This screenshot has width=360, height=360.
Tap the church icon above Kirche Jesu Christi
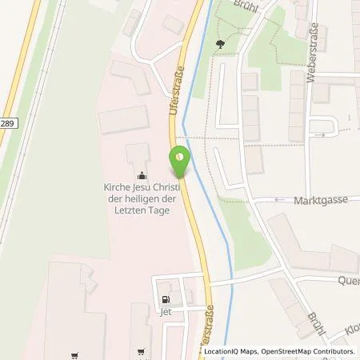tap(142, 176)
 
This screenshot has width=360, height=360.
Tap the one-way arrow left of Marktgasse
tap(280, 200)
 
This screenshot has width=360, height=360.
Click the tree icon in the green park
tap(222, 45)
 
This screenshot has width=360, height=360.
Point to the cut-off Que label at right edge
tap(350, 280)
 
